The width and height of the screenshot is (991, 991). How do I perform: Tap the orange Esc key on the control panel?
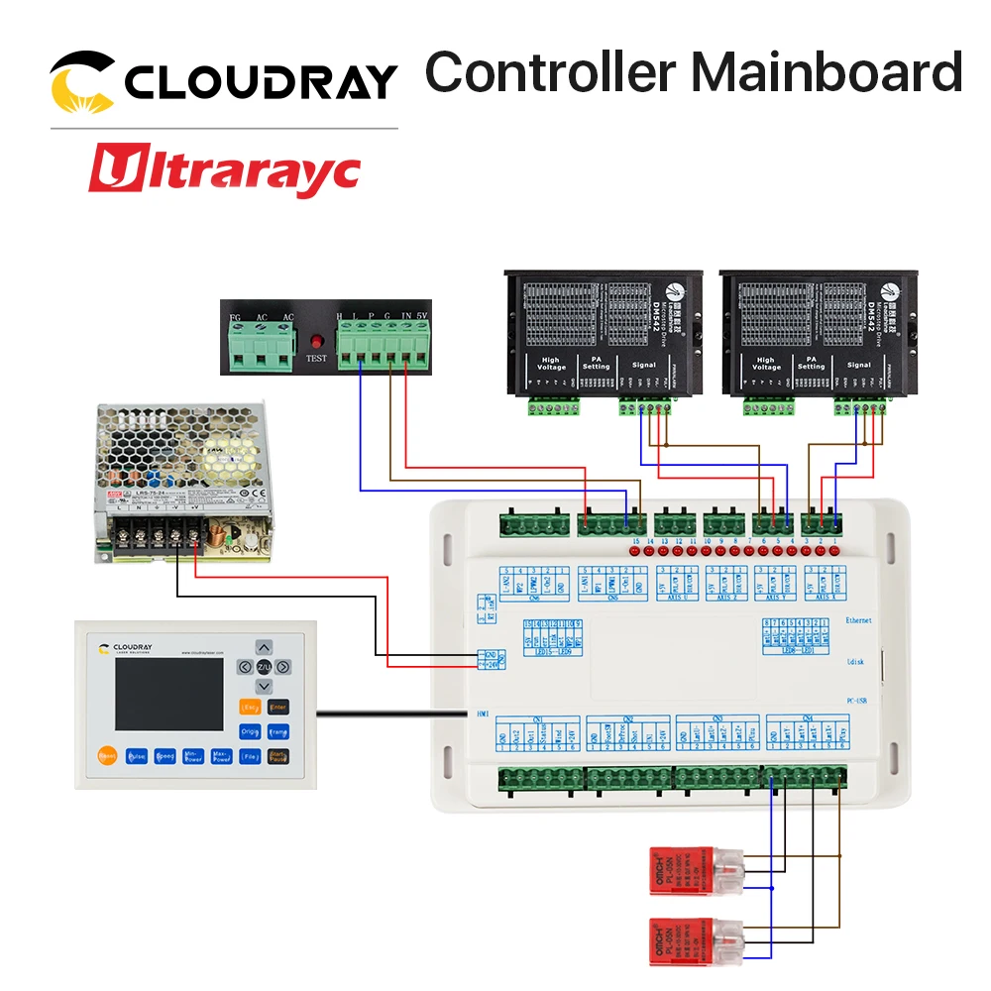(x=250, y=708)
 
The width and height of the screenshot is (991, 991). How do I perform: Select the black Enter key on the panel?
(x=277, y=708)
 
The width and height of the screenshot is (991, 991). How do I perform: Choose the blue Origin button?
(x=250, y=732)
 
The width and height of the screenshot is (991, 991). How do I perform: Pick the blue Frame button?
(x=277, y=732)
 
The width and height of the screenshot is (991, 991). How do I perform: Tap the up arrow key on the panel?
(x=264, y=647)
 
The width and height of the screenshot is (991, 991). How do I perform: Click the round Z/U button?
(x=264, y=667)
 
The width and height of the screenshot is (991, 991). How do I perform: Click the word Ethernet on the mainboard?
(x=858, y=619)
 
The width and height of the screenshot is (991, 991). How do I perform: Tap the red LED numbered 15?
(x=636, y=551)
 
